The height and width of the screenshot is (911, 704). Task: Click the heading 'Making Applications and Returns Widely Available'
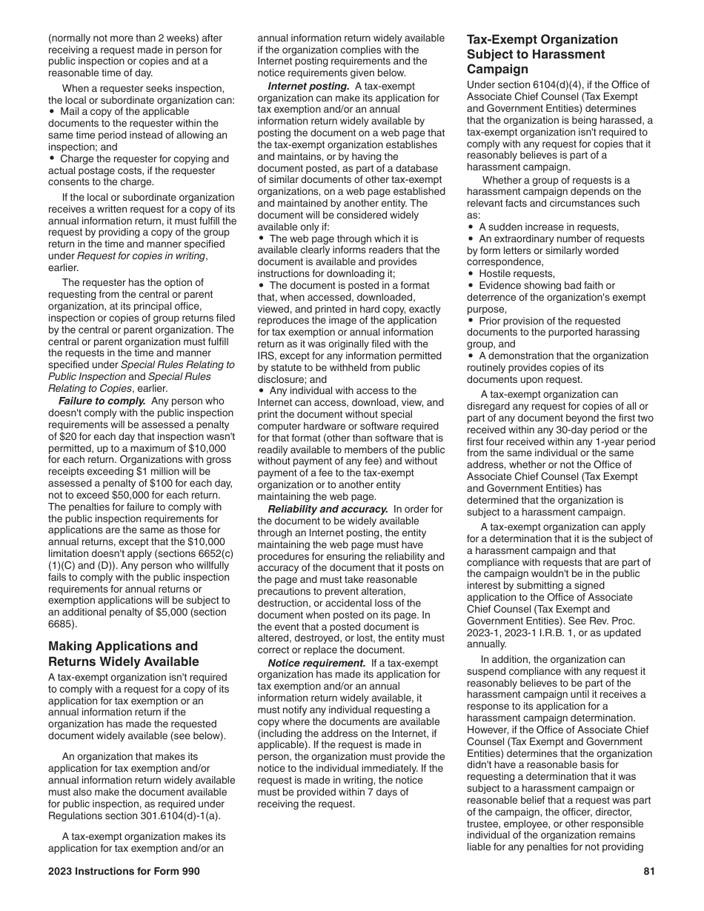[x=123, y=654]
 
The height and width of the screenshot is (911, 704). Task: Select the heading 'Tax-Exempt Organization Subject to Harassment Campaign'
[x=542, y=54]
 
